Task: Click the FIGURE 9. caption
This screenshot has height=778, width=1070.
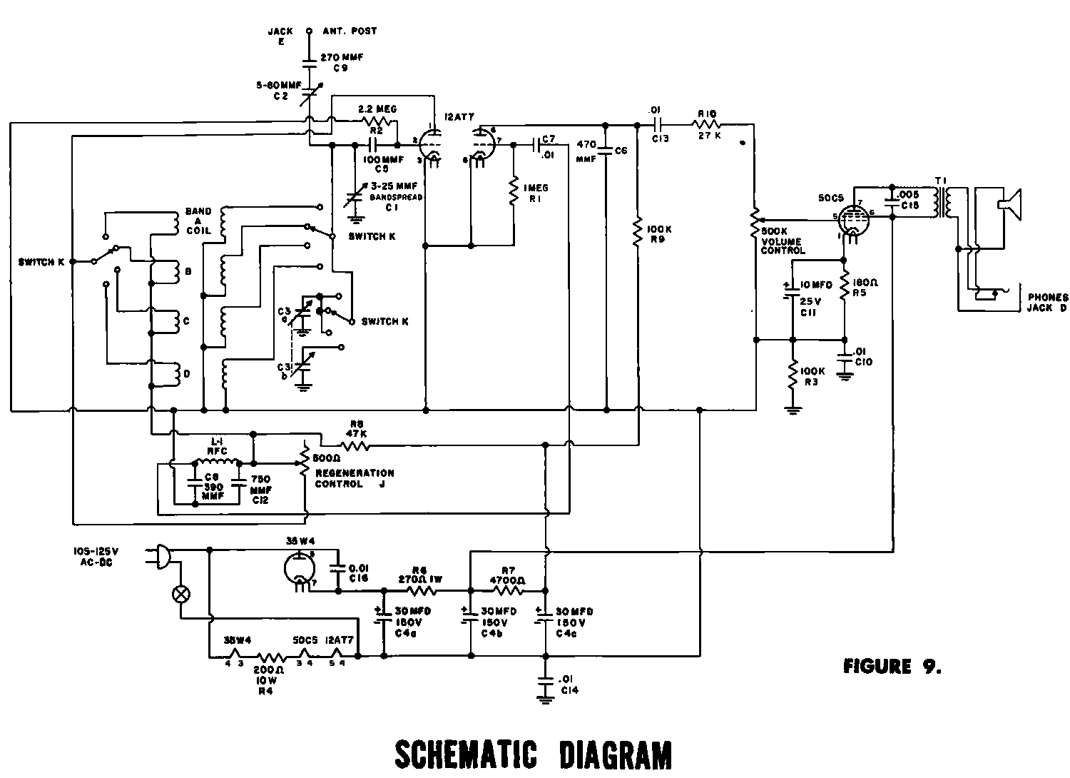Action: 892,667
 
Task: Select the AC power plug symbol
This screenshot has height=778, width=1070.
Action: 161,555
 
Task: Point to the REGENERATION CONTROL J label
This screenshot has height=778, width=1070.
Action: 354,478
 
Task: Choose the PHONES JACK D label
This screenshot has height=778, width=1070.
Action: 1046,302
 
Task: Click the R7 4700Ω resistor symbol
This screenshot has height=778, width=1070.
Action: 508,590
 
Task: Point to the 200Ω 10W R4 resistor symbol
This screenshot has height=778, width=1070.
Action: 271,657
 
